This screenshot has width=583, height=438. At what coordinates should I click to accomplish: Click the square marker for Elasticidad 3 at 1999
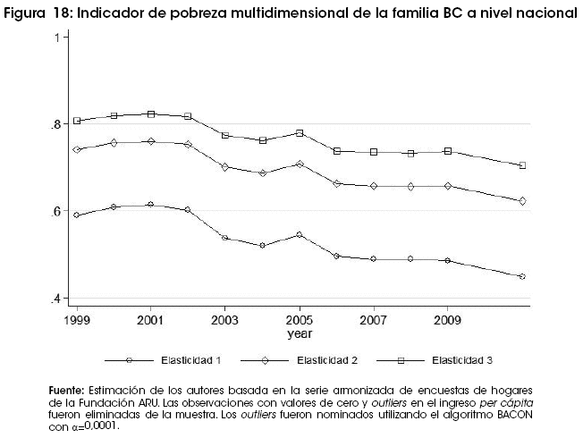click(77, 121)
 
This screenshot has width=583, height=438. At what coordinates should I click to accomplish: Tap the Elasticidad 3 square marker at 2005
click(300, 133)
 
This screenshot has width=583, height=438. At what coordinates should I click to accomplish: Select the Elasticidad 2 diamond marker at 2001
click(151, 141)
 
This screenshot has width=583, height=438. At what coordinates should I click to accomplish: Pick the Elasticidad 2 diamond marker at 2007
click(374, 186)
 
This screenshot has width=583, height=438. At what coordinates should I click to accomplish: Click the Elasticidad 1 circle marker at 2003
click(225, 238)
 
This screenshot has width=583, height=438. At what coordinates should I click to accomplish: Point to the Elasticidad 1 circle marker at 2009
click(448, 260)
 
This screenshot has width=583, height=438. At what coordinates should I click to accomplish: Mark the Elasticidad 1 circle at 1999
click(77, 215)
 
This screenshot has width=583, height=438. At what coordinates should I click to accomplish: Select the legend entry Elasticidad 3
click(462, 360)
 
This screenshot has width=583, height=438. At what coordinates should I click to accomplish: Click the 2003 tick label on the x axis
click(225, 319)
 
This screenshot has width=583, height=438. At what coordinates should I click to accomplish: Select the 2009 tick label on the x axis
click(448, 319)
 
